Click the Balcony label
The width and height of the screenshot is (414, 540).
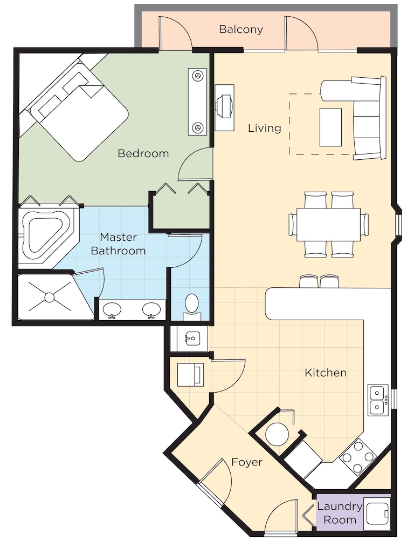(x=241, y=29)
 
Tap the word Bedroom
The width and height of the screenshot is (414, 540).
(x=143, y=153)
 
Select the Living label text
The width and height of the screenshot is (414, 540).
(x=265, y=128)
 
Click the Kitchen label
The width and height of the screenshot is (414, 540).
(x=325, y=373)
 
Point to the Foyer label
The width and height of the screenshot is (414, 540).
(x=247, y=462)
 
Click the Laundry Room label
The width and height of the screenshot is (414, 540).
(x=340, y=513)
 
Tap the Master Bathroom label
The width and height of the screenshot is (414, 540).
(x=118, y=244)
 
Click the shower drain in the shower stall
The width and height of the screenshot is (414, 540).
(x=50, y=296)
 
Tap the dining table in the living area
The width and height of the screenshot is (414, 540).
(x=328, y=225)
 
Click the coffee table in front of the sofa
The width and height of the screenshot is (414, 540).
(x=330, y=127)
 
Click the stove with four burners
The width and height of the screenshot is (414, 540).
(x=357, y=457)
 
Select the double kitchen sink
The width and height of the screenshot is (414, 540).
(x=377, y=400)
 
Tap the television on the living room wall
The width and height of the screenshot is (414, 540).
(x=225, y=107)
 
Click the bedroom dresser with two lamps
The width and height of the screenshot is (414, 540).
(x=197, y=102)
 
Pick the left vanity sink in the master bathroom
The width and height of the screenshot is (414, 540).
(x=112, y=310)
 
